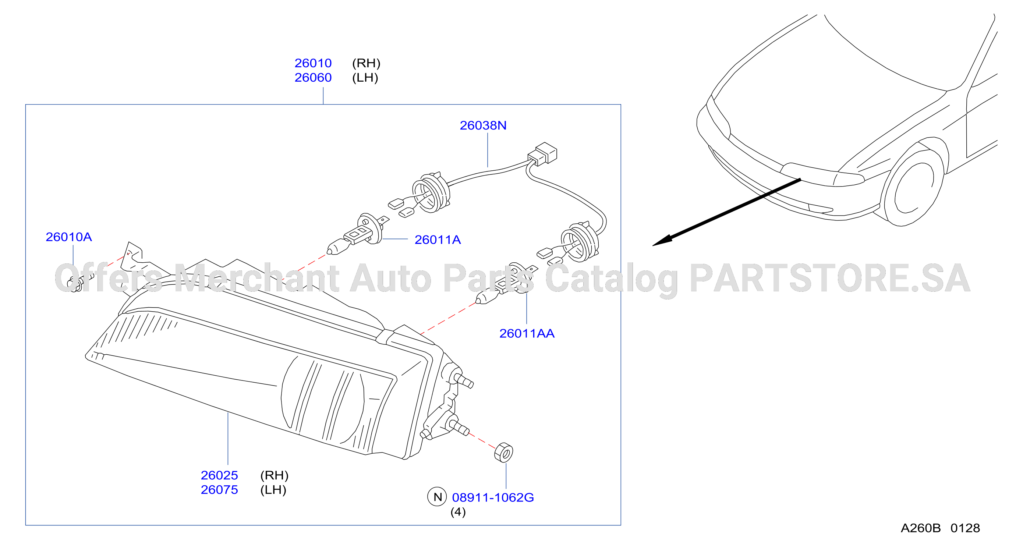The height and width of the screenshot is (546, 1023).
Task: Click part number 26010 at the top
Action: [x=313, y=63]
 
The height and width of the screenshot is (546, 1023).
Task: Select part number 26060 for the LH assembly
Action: [x=313, y=77]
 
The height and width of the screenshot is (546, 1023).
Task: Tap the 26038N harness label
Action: [x=483, y=125]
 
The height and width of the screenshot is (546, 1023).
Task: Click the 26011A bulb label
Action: [x=438, y=240]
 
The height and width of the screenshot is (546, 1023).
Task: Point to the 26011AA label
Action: [x=527, y=334]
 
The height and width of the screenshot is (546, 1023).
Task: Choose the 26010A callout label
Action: [x=69, y=237]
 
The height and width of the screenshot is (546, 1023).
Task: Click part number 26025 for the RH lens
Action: [x=219, y=475]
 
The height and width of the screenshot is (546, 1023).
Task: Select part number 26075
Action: [x=219, y=490]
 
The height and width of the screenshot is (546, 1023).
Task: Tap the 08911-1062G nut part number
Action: [x=493, y=497]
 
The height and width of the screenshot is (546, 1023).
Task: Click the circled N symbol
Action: [x=437, y=497]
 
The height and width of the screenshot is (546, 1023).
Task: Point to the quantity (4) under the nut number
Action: [x=458, y=512]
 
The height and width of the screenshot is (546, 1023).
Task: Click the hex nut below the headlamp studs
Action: [x=503, y=453]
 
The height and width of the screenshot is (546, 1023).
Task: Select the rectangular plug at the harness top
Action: [x=543, y=154]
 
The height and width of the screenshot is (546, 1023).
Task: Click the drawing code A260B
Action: [x=921, y=528]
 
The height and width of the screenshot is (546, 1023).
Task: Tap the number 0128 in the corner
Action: [x=965, y=528]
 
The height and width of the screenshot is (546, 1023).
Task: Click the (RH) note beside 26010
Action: [x=366, y=63]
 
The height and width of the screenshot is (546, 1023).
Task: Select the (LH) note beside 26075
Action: [x=273, y=490]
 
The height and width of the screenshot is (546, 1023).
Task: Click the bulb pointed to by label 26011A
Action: [x=357, y=234]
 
